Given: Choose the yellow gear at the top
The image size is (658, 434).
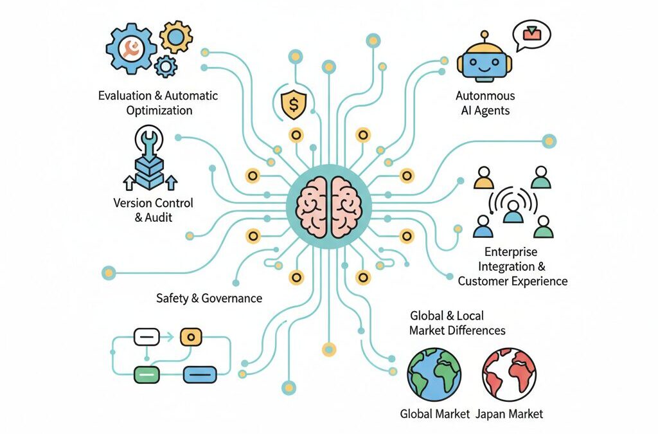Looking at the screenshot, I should (x=175, y=36).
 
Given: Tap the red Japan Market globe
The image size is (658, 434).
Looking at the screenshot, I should (x=509, y=375).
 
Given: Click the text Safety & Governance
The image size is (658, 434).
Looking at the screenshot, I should (x=209, y=298).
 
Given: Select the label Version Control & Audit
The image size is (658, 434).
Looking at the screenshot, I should (x=153, y=210).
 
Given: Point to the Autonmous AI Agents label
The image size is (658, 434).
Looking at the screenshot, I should (x=485, y=103).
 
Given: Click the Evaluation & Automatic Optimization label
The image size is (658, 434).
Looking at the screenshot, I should (x=158, y=103).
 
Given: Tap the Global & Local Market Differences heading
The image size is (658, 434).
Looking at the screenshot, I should (x=457, y=323).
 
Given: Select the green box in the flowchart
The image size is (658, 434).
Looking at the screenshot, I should (x=146, y=373).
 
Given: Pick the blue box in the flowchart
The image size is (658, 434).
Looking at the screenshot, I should (x=200, y=373).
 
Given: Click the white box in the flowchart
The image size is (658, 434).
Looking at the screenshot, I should (x=146, y=336).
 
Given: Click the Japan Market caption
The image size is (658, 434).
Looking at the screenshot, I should (x=510, y=413).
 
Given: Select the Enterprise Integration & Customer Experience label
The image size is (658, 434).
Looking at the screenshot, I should (x=512, y=266).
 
